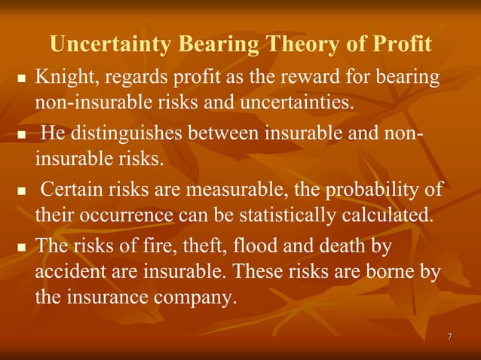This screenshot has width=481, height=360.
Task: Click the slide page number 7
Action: (449, 336)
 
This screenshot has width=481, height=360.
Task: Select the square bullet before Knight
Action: (21, 78)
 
